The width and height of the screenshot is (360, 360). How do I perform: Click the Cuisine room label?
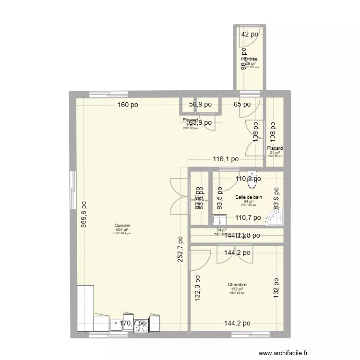122,225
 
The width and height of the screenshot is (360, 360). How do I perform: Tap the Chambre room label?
237,285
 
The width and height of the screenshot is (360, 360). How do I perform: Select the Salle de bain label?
249,197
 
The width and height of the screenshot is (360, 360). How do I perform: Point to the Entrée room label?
251,59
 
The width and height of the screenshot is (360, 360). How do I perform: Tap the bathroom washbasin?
220,220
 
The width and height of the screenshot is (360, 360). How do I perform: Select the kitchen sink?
117,324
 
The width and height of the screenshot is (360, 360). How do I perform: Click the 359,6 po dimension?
84,214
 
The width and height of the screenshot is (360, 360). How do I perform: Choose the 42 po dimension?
250,34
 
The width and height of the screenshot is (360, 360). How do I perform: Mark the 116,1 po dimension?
225,159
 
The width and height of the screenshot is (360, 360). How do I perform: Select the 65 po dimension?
242,104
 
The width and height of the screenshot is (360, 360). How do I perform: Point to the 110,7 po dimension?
248,217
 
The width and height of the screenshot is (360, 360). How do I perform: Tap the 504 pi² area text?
122,229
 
